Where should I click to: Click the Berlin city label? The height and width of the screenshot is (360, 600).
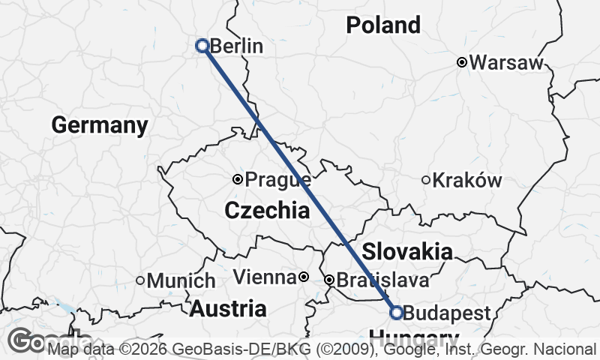[236, 46]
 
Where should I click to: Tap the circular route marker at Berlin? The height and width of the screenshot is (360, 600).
[202, 46]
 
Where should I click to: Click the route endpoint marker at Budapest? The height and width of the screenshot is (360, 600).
[396, 312]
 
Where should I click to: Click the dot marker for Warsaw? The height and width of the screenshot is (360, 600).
[463, 62]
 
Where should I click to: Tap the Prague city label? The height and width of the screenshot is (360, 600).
[278, 180]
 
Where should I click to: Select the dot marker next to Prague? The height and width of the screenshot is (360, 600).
[238, 179]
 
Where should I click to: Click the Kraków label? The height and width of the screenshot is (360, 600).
[467, 181]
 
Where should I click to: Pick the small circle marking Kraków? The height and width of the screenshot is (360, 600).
[426, 180]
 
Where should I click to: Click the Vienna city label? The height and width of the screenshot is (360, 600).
[265, 278]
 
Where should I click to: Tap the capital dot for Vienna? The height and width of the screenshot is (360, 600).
[304, 277]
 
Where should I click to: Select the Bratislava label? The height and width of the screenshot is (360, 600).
[382, 280]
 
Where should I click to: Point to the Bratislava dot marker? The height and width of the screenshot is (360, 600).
[328, 280]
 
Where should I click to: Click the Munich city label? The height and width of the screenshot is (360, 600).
[181, 281]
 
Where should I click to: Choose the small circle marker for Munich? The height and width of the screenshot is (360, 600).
[140, 280]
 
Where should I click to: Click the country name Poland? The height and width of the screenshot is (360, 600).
[383, 25]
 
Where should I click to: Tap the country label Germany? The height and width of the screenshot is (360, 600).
[99, 125]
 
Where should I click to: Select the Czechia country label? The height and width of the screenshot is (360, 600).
[267, 211]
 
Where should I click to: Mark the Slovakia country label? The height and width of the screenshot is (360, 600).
[407, 252]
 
